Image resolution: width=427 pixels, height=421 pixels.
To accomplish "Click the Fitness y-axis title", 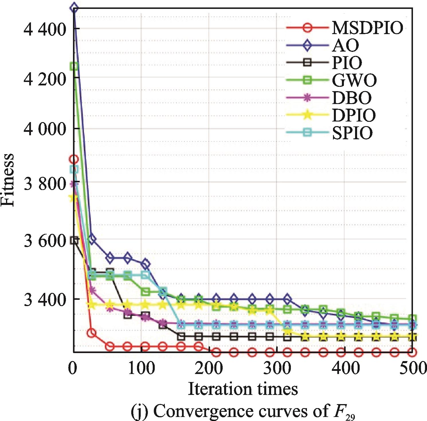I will click(8, 180).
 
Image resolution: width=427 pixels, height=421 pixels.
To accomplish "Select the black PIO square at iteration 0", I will click(74, 241).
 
